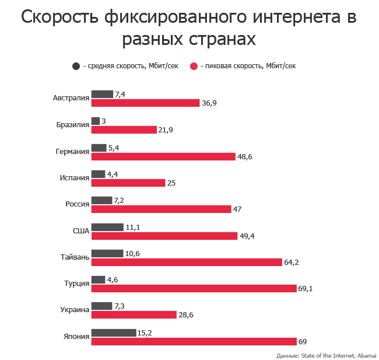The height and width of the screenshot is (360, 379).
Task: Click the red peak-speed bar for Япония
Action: (x=194, y=341)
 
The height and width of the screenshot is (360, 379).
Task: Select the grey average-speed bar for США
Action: (x=107, y=227)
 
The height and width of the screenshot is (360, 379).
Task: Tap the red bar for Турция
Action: (x=194, y=288)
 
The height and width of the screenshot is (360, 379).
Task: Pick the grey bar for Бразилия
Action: (x=96, y=121)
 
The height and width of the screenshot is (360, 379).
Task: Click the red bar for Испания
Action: (x=128, y=183)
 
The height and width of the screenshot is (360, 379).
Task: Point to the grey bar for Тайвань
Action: (x=107, y=253)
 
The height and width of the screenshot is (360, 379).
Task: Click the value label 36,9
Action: (x=209, y=103)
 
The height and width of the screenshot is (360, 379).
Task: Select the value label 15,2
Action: (x=145, y=333)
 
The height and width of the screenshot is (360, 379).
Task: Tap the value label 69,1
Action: (x=306, y=289)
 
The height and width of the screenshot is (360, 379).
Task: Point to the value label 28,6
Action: (x=186, y=315)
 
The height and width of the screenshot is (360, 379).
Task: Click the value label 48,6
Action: (x=244, y=156)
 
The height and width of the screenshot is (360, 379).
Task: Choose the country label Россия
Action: (x=77, y=204)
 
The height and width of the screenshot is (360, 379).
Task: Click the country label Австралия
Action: (x=71, y=98)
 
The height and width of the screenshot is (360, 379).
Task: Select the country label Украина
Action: (x=75, y=310)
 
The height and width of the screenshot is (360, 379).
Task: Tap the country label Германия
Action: (x=72, y=151)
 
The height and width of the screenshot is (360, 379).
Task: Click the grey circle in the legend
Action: (x=76, y=66)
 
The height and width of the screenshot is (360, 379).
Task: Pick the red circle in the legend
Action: (x=194, y=66)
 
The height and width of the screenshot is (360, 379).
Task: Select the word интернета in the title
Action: (x=290, y=18)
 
